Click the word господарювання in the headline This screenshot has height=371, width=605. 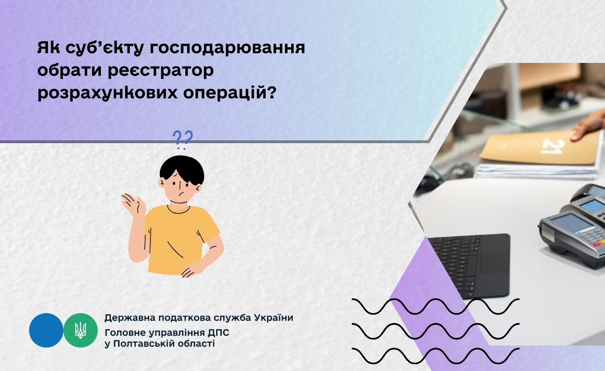click(227, 48)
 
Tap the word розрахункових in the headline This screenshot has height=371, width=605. click(108, 94)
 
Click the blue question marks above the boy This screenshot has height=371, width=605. click(183, 140)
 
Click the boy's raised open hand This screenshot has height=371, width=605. click(134, 205)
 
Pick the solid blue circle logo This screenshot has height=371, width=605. click(46, 330)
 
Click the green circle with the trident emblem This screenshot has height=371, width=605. click(81, 330)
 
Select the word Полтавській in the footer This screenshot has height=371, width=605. click(144, 344)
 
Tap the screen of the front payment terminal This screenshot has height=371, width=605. click(570, 224)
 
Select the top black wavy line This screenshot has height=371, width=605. click(435, 306)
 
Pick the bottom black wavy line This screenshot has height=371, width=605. click(435, 356)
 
